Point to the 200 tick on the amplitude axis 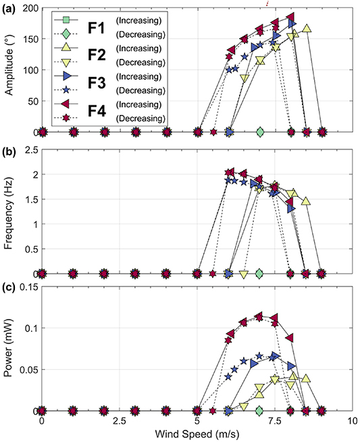tap(27, 7)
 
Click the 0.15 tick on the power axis tap(26, 287)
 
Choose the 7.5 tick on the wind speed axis tap(259, 420)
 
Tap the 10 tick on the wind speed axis tap(353, 420)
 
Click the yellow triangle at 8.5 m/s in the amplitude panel tap(307, 28)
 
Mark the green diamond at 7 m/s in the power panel tap(260, 410)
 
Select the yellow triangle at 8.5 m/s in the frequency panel tap(307, 201)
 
